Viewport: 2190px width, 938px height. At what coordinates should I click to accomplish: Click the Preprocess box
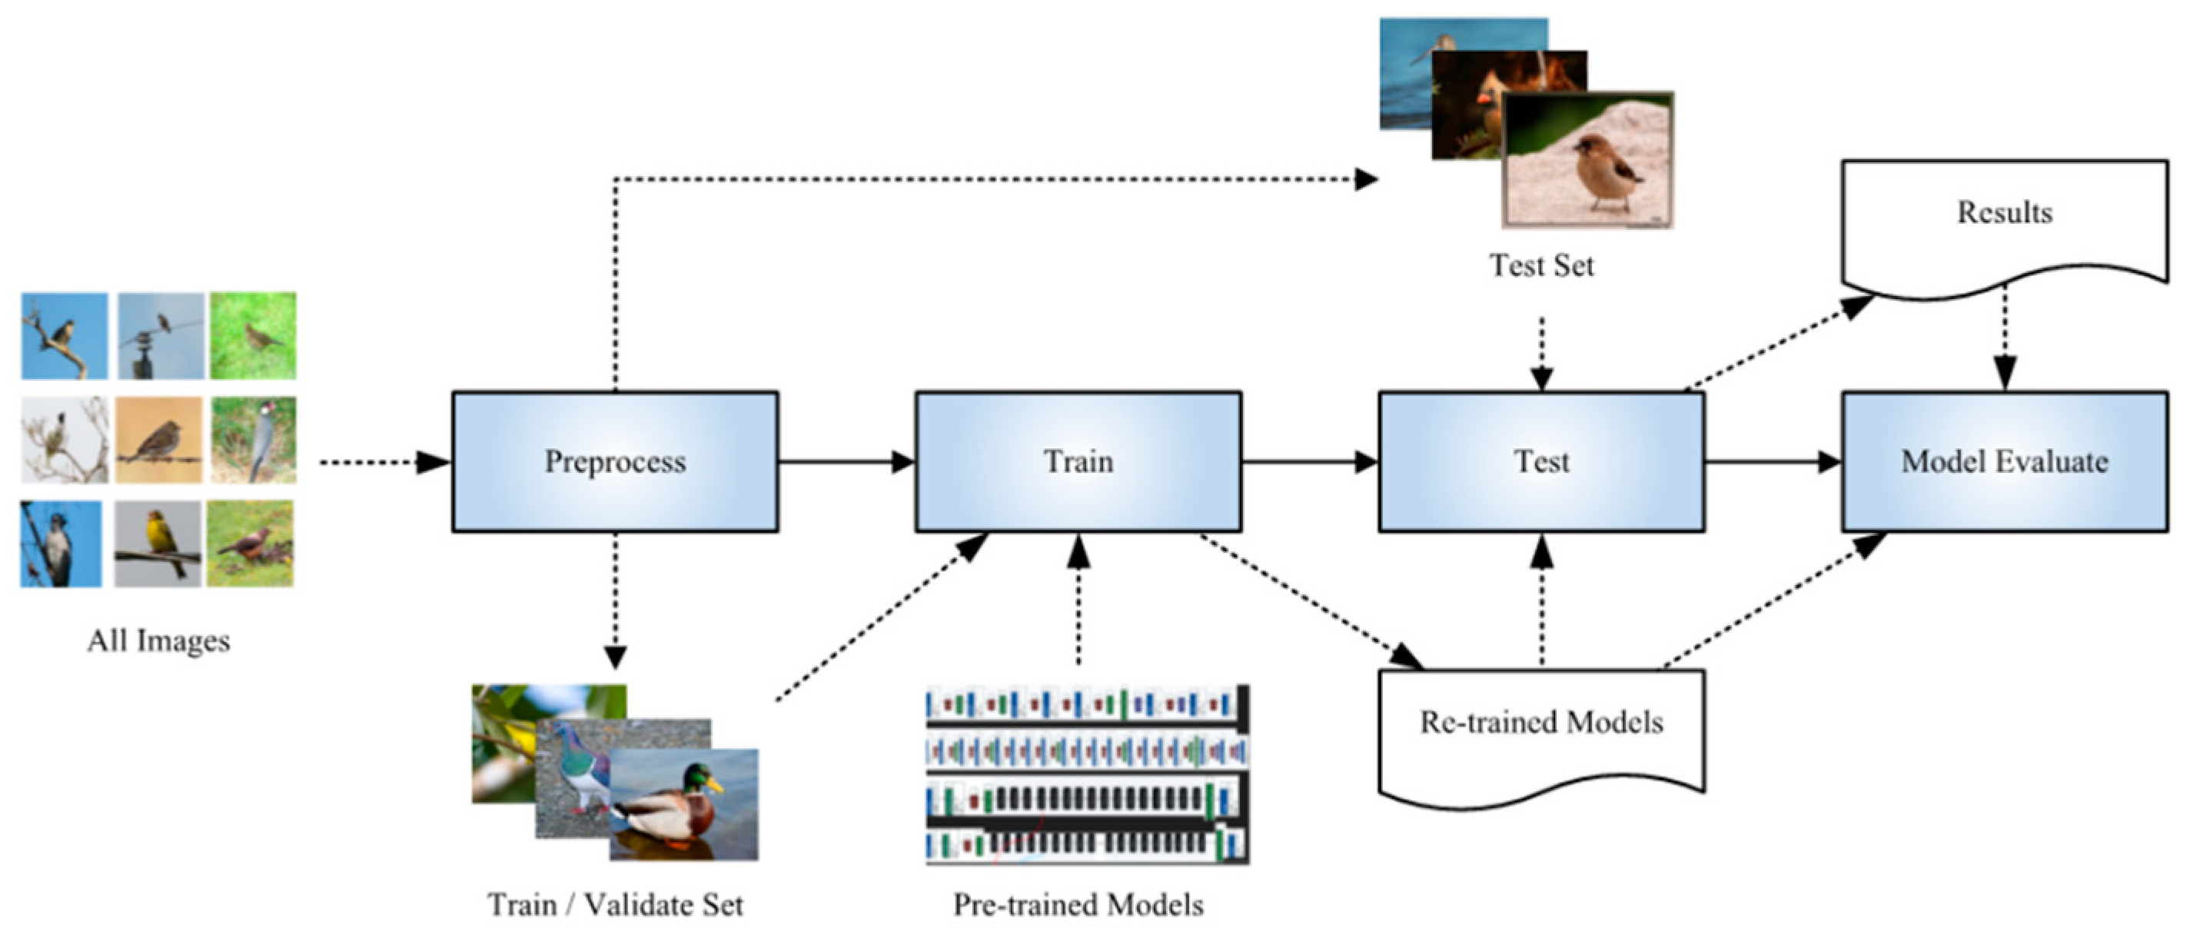[615, 462]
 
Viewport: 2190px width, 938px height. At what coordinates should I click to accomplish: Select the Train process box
[1078, 462]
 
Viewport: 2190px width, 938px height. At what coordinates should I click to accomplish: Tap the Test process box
[1541, 462]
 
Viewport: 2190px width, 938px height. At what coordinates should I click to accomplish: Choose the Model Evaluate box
[2005, 462]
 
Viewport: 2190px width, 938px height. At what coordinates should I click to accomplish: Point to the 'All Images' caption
[159, 641]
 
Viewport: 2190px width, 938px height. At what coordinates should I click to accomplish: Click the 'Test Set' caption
[1541, 265]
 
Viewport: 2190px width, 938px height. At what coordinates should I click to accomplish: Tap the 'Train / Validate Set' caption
[616, 904]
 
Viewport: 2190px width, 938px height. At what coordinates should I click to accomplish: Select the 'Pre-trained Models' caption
[1078, 904]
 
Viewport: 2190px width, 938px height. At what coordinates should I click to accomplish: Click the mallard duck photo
[683, 804]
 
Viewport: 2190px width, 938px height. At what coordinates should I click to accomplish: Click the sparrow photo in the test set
[1588, 160]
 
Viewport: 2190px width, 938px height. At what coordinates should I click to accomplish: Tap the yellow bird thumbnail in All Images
[159, 543]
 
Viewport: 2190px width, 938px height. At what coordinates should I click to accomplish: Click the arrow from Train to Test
[1310, 462]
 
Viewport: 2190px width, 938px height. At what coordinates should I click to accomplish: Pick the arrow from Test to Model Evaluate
[1773, 462]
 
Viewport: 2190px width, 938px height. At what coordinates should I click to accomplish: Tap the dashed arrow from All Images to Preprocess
[385, 462]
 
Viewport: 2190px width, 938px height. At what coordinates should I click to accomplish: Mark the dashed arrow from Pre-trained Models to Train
[1078, 600]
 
